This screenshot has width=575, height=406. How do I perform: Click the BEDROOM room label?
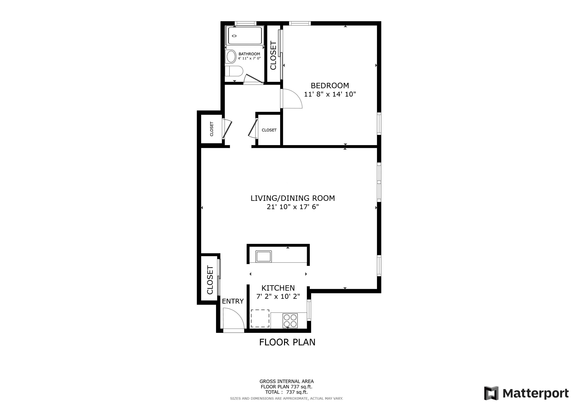(330, 85)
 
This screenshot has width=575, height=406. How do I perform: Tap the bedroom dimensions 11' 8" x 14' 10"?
(330, 94)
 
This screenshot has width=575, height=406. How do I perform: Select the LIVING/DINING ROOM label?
(292, 198)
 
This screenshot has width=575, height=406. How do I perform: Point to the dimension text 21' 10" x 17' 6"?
(292, 207)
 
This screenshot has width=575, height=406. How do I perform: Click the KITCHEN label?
(278, 288)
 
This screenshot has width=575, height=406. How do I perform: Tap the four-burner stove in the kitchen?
(290, 321)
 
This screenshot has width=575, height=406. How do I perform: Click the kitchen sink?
(263, 257)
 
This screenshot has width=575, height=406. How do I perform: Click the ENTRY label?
(233, 301)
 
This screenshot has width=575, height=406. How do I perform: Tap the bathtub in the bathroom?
(244, 36)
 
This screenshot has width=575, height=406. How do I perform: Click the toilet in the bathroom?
(234, 71)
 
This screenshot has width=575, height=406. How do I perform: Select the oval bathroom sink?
(231, 56)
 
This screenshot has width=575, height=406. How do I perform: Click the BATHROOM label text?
(249, 54)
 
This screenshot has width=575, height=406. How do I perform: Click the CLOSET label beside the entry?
(210, 280)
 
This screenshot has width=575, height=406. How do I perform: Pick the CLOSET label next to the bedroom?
(273, 56)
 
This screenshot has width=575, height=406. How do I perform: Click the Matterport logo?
(526, 394)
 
